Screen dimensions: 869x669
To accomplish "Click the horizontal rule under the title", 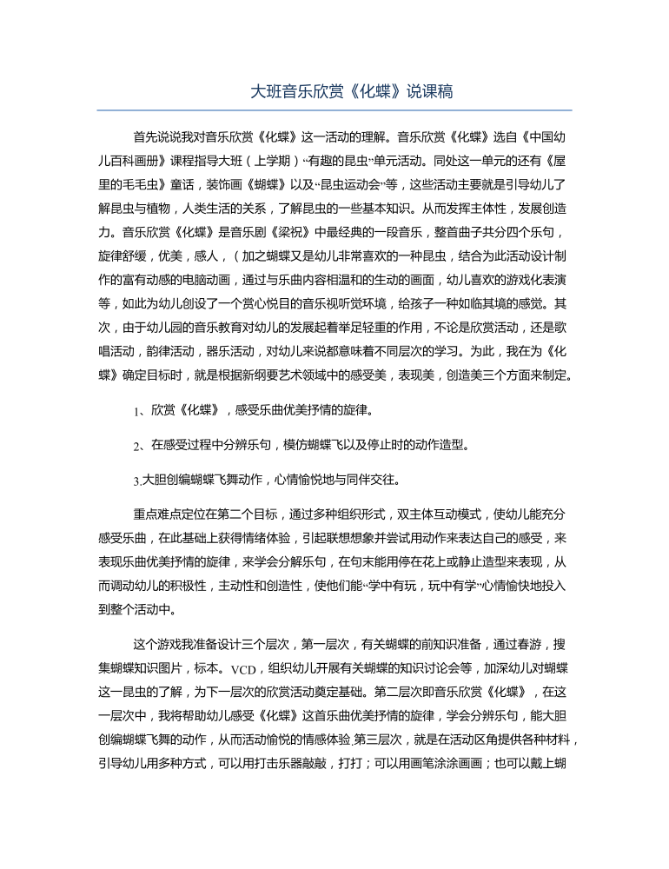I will [x=334, y=110].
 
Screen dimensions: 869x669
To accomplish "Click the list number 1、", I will [x=139, y=409].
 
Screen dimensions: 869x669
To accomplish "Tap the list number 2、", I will [x=139, y=447].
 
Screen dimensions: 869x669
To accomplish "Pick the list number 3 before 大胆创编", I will [x=136, y=479].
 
